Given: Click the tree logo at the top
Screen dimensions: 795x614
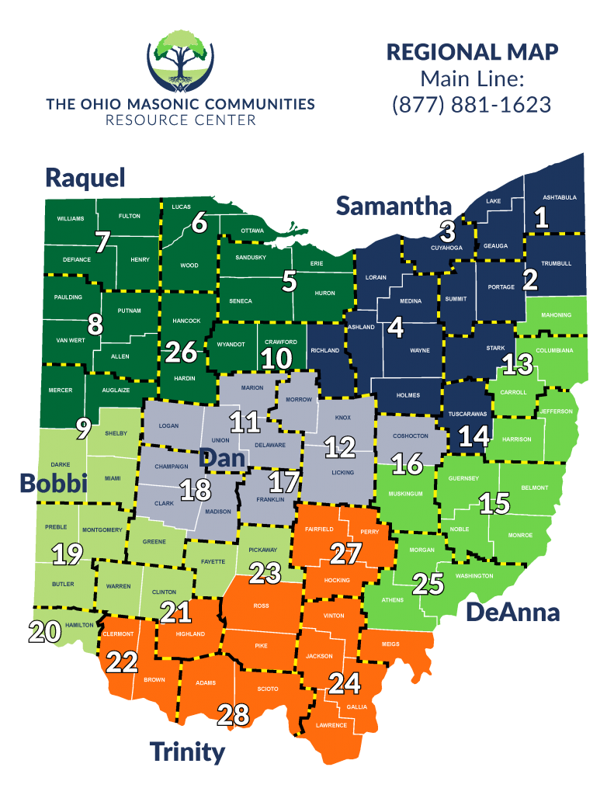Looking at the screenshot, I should pyautogui.click(x=180, y=60).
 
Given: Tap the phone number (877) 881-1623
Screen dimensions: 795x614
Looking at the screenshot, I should pyautogui.click(x=472, y=104).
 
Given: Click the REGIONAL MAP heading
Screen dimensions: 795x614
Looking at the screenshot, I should pyautogui.click(x=472, y=52).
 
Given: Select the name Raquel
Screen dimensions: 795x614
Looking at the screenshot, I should pyautogui.click(x=85, y=177).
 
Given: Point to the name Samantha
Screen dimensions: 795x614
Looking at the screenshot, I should pyautogui.click(x=394, y=206).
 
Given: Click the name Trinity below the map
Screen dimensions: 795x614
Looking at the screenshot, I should pyautogui.click(x=187, y=751).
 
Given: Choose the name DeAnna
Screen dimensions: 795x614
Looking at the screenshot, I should pyautogui.click(x=512, y=612).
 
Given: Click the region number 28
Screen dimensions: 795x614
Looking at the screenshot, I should pyautogui.click(x=234, y=714).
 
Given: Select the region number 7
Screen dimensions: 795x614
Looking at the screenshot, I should pyautogui.click(x=102, y=241).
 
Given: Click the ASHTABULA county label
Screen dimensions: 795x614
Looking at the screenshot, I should pyautogui.click(x=559, y=197).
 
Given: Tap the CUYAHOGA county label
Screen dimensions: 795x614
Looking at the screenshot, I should pyautogui.click(x=446, y=248).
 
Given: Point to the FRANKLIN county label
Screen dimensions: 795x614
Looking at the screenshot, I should pyautogui.click(x=270, y=499).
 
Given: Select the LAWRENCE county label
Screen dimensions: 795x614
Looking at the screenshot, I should pyautogui.click(x=331, y=725).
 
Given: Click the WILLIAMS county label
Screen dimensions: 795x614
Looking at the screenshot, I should pyautogui.click(x=70, y=219).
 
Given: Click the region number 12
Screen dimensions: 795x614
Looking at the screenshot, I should pyautogui.click(x=340, y=446).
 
